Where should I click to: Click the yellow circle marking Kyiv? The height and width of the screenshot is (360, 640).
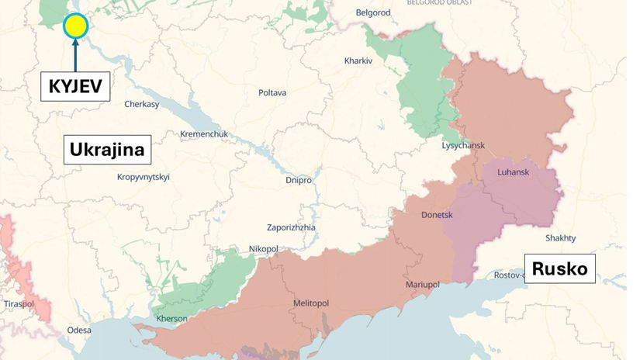[x=75, y=26]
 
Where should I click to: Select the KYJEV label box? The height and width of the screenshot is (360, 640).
[x=75, y=85]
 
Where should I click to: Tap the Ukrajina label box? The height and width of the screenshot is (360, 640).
[x=107, y=149]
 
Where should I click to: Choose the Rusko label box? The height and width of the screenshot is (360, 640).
[x=559, y=270]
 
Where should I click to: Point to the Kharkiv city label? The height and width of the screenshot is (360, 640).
[x=359, y=61]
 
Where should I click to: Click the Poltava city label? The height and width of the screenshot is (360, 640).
[x=272, y=93]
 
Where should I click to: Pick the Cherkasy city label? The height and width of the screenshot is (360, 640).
[x=141, y=104]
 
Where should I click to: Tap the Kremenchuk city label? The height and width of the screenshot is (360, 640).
[x=204, y=134]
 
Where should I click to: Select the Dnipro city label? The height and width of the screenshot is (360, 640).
[x=299, y=180]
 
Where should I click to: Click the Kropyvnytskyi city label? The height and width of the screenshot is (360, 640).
[x=143, y=177]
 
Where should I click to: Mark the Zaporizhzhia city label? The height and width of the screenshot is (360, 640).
[x=291, y=228]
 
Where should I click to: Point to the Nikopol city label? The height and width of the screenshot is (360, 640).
[x=263, y=248]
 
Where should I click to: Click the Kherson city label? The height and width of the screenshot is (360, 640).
[x=171, y=319]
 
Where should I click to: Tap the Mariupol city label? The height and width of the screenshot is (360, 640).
[x=423, y=285]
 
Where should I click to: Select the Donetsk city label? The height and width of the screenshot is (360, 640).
[x=437, y=215]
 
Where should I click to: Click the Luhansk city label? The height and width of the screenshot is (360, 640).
[x=513, y=172]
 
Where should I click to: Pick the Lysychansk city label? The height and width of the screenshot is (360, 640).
[x=463, y=146]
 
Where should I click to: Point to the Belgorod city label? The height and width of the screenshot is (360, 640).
[x=373, y=13]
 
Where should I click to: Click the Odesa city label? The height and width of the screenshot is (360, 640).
[x=79, y=330]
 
